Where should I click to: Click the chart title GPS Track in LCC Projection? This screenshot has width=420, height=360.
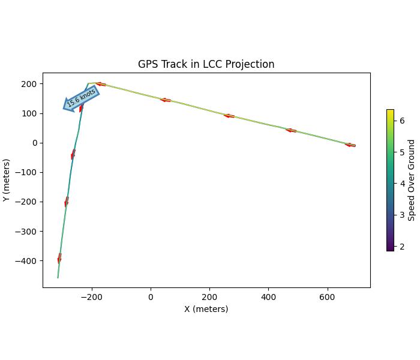click(x=206, y=64)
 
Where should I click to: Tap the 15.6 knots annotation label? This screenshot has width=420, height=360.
click(x=81, y=98)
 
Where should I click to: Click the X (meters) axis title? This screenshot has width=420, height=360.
click(x=206, y=309)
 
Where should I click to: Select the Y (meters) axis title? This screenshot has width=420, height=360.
click(x=7, y=180)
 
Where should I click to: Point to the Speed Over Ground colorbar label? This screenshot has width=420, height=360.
click(x=412, y=180)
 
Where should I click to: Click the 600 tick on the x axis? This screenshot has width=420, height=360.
click(x=327, y=297)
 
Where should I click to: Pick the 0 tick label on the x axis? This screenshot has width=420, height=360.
click(x=151, y=297)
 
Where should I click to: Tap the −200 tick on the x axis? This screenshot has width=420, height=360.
click(x=91, y=297)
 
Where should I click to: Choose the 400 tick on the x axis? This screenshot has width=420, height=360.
click(x=268, y=297)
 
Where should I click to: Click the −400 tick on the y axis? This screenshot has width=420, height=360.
click(x=27, y=261)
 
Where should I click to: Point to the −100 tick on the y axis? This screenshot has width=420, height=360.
click(x=27, y=172)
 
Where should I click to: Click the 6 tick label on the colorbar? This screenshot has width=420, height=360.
click(x=402, y=121)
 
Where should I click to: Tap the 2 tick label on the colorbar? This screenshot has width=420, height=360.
click(x=402, y=247)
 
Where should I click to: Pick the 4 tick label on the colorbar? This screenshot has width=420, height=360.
click(x=402, y=184)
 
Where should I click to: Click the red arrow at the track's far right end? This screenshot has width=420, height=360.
click(x=350, y=145)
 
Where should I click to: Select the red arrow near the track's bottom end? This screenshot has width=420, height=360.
click(x=59, y=259)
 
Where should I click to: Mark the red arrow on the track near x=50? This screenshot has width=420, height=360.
click(x=166, y=100)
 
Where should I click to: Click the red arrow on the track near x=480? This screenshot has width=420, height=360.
click(x=291, y=130)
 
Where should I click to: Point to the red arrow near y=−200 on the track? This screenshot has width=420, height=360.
click(x=67, y=202)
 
